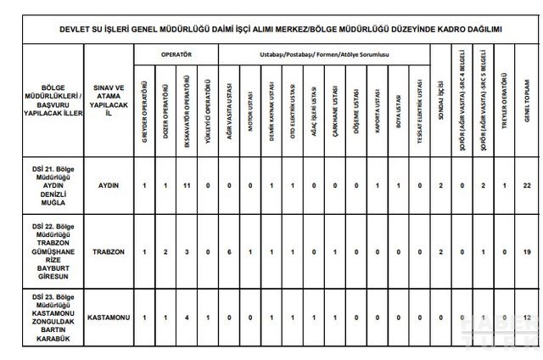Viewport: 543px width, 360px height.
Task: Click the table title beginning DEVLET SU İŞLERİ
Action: click(271, 29)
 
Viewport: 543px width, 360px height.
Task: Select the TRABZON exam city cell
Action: click(108, 251)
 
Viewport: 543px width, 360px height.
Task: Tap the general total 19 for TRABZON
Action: click(527, 251)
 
